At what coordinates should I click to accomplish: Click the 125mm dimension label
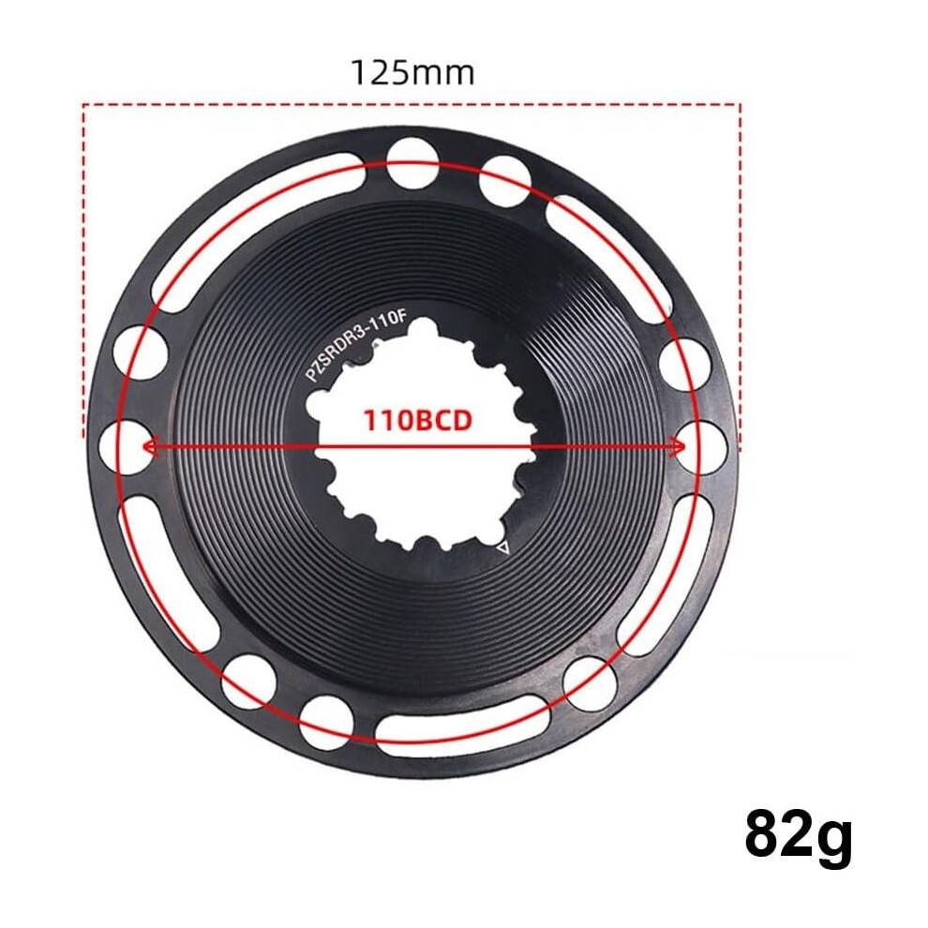[x=412, y=73]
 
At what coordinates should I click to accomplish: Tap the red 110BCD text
[x=417, y=420]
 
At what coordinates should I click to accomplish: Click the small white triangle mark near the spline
[x=503, y=547]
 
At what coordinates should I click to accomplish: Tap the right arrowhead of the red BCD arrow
[x=677, y=446]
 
